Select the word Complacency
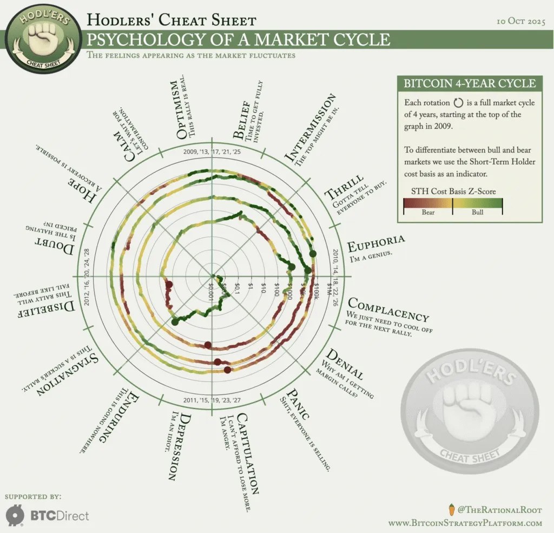388,308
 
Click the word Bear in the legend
428,212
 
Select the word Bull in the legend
478,212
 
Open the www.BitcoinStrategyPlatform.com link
465,523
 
